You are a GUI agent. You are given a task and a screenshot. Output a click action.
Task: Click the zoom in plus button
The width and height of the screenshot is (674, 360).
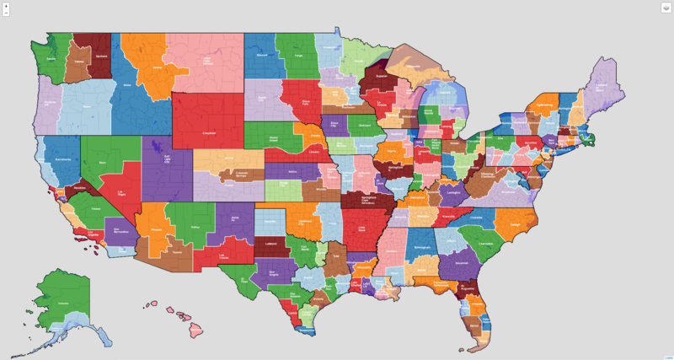pos(7,6)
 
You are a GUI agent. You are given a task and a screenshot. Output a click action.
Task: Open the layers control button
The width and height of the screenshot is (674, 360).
pos(665,8)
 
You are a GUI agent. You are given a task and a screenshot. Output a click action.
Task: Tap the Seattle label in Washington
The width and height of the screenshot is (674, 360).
pos(51,59)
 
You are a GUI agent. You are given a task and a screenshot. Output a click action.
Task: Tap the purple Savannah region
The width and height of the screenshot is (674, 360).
pos(462,265)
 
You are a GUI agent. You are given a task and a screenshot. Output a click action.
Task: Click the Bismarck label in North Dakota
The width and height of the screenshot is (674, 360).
pos(261,55)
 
